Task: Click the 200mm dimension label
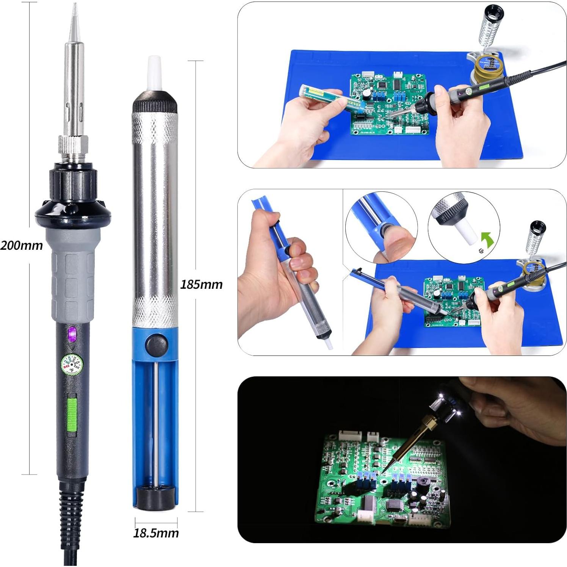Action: tap(22, 245)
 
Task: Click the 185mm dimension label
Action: tap(201, 284)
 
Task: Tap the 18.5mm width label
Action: tap(156, 533)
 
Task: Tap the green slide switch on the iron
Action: tap(72, 413)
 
